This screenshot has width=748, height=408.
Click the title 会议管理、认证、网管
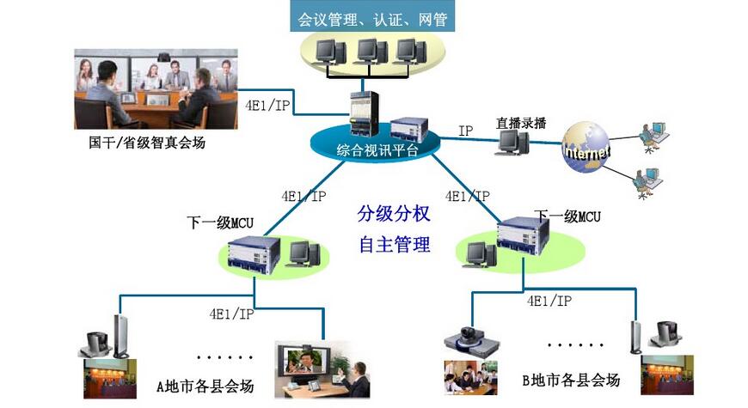(372, 16)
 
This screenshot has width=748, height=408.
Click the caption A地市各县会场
(205, 387)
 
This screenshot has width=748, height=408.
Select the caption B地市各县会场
(570, 379)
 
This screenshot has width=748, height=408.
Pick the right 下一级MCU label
(567, 216)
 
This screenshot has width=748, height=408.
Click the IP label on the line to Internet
(466, 131)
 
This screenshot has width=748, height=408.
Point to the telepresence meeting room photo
(156, 88)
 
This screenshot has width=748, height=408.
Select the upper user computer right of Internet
(652, 130)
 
